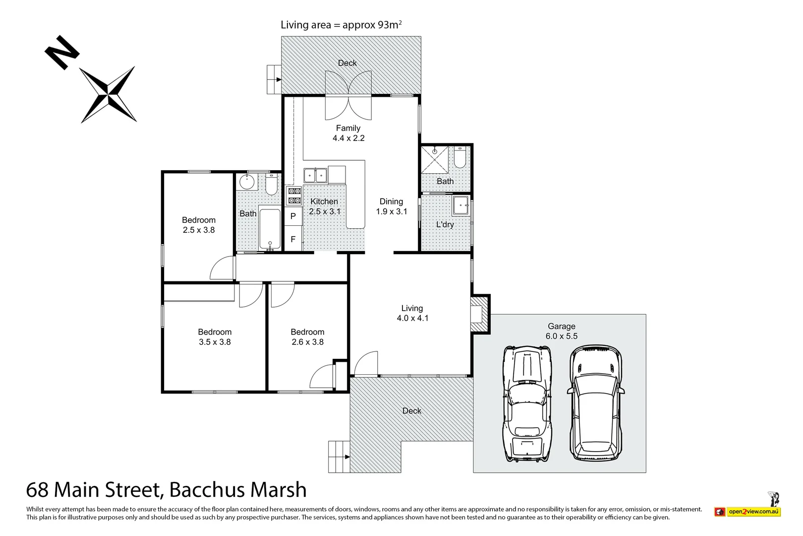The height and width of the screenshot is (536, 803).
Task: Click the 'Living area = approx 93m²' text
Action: [341, 25]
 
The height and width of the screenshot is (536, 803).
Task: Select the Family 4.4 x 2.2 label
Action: [348, 133]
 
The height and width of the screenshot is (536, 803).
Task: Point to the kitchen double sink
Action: [315, 176]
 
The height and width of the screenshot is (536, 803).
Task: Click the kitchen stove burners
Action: [294, 196]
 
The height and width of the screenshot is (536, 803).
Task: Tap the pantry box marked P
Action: [293, 216]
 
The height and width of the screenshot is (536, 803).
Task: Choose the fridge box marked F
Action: [293, 239]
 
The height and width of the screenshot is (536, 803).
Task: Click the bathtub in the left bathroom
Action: [270, 229]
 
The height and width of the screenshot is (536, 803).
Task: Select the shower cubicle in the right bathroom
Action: [434, 159]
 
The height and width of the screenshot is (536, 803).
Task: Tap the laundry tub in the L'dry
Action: [461, 205]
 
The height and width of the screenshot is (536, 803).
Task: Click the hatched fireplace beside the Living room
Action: [479, 314]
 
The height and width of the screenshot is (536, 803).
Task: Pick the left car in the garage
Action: [527, 404]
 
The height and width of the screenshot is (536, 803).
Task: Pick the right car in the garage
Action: [595, 404]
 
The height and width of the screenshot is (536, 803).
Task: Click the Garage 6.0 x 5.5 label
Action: [561, 331]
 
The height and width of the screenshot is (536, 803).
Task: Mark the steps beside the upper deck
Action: [274, 79]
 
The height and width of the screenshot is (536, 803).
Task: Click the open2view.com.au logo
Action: [747, 511]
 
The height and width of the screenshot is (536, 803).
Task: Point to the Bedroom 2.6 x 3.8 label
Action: [307, 336]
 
